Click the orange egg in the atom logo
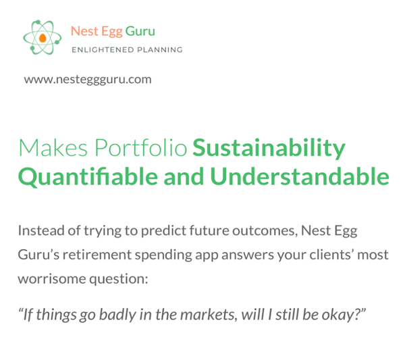(43, 38)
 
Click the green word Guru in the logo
(140, 31)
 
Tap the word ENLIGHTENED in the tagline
(103, 49)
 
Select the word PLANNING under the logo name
(159, 49)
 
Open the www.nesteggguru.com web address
(88, 80)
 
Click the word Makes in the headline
(53, 147)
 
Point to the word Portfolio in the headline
(141, 147)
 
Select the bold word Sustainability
(269, 149)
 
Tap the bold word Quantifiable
(88, 177)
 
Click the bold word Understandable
(300, 176)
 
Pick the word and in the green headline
(184, 176)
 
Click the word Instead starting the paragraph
(41, 230)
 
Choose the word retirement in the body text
(97, 255)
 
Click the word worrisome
(52, 279)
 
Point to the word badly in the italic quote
(117, 315)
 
